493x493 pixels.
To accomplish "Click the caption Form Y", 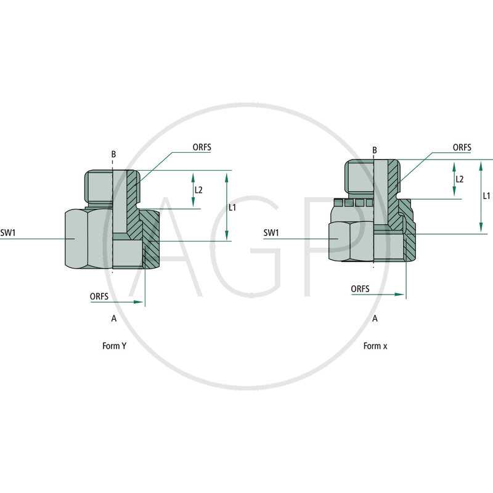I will click(x=115, y=346).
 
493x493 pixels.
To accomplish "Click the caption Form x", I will click(x=375, y=346).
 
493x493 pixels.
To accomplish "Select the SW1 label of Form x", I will click(x=272, y=233).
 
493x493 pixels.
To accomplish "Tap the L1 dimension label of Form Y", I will click(x=232, y=208).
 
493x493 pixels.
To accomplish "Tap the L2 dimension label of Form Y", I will click(x=198, y=190).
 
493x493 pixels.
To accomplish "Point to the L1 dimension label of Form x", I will click(x=486, y=195).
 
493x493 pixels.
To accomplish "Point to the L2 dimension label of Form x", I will click(x=459, y=179).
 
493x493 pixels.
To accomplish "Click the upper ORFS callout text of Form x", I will click(x=462, y=147).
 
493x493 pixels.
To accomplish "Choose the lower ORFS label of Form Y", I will click(x=99, y=296).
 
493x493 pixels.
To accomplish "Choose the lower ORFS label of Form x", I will click(x=361, y=288).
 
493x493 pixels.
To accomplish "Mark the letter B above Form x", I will click(x=375, y=150).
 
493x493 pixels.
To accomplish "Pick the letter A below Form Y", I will click(x=113, y=319).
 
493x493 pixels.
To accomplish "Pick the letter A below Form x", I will click(x=375, y=319).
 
